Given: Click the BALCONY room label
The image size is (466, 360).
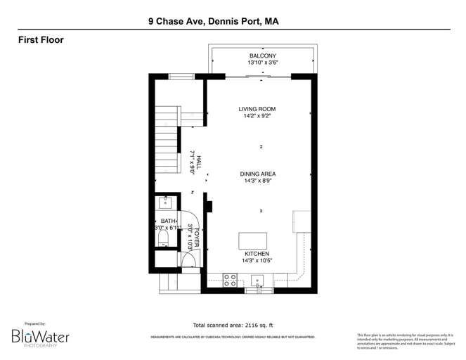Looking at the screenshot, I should pos(261,56).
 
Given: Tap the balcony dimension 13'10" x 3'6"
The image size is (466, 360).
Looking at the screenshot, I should pos(261,63).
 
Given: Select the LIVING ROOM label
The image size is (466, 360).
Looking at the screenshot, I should pos(257,109).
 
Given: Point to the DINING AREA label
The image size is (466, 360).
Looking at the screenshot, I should pos(257,173).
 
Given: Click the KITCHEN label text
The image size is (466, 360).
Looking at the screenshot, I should pos(257,254).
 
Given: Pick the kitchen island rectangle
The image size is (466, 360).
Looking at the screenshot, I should pos(252,240).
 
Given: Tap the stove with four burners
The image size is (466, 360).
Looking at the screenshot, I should pos(230,280).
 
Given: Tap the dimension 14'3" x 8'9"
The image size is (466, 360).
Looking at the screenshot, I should pos(257,181).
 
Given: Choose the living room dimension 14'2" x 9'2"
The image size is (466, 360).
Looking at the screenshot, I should pos(257,117).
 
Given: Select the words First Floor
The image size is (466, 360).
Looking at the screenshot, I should pos(41,40).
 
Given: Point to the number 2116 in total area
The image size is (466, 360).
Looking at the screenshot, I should pos(252,326).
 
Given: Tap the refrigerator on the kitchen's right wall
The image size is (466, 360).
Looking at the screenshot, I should pos(302,221).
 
